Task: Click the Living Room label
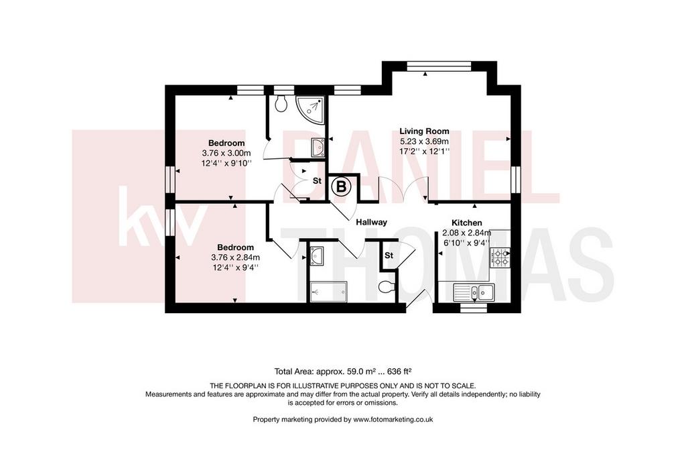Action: pyautogui.click(x=424, y=131)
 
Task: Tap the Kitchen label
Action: pyautogui.click(x=467, y=223)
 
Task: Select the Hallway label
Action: pyautogui.click(x=371, y=223)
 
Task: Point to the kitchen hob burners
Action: pyautogui.click(x=500, y=257)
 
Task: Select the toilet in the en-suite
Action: pyautogui.click(x=281, y=103)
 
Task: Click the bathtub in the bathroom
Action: pyautogui.click(x=328, y=292)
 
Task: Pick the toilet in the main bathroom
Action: pyautogui.click(x=387, y=287)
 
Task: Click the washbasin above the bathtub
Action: pyautogui.click(x=317, y=255)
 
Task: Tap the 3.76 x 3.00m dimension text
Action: pyautogui.click(x=226, y=154)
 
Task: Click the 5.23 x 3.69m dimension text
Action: pyautogui.click(x=424, y=141)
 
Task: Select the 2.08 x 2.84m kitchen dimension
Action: pyautogui.click(x=467, y=233)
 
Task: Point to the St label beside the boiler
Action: pyautogui.click(x=317, y=180)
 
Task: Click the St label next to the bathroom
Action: pyautogui.click(x=389, y=255)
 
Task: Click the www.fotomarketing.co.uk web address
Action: pyautogui.click(x=393, y=419)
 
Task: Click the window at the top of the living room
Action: pyautogui.click(x=439, y=66)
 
